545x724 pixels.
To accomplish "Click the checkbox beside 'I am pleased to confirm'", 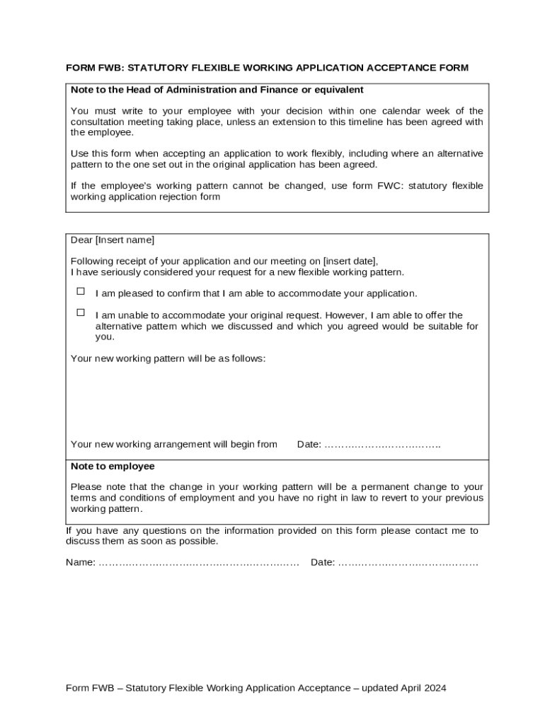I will coord(81,291).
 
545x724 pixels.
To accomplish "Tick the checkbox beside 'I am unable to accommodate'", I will coord(81,313).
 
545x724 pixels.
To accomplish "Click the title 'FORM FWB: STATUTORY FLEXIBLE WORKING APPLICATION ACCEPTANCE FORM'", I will coord(267,68).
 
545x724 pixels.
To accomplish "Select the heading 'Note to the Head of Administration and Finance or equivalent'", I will coord(217,90).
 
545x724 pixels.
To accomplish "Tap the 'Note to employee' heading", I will coord(113,467).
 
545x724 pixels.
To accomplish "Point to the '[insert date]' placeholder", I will coord(350,261).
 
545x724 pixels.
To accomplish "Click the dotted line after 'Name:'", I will coord(199,563).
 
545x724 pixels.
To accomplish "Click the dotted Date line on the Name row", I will coord(408,563).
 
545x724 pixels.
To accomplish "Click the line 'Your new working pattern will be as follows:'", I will coord(168,358).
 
